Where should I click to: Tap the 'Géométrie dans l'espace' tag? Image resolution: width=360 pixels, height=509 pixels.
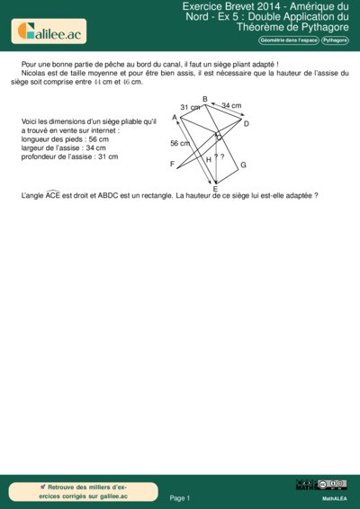pyautogui.click(x=288, y=40)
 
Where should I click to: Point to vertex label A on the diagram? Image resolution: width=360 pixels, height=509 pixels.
pyautogui.click(x=174, y=117)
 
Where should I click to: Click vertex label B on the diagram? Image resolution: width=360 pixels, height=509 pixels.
pyautogui.click(x=205, y=98)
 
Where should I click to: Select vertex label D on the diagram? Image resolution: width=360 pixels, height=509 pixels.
pyautogui.click(x=247, y=123)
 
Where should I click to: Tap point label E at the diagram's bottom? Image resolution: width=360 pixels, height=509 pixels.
pyautogui.click(x=215, y=189)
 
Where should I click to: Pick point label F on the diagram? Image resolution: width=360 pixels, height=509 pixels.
pyautogui.click(x=172, y=165)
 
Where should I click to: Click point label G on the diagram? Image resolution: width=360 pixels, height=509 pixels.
pyautogui.click(x=243, y=165)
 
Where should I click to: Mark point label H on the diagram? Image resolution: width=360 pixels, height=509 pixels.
pyautogui.click(x=209, y=159)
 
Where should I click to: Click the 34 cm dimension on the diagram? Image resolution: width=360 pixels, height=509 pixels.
pyautogui.click(x=231, y=106)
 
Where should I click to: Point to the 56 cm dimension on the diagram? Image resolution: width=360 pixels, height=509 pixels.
pyautogui.click(x=180, y=143)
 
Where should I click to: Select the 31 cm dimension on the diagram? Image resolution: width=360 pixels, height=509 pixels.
pyautogui.click(x=190, y=108)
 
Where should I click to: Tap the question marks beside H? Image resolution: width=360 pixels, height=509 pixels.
pyautogui.click(x=219, y=157)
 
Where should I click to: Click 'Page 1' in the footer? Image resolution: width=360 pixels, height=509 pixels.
pyautogui.click(x=180, y=497)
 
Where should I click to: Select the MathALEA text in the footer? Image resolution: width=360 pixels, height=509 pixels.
pyautogui.click(x=335, y=497)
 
